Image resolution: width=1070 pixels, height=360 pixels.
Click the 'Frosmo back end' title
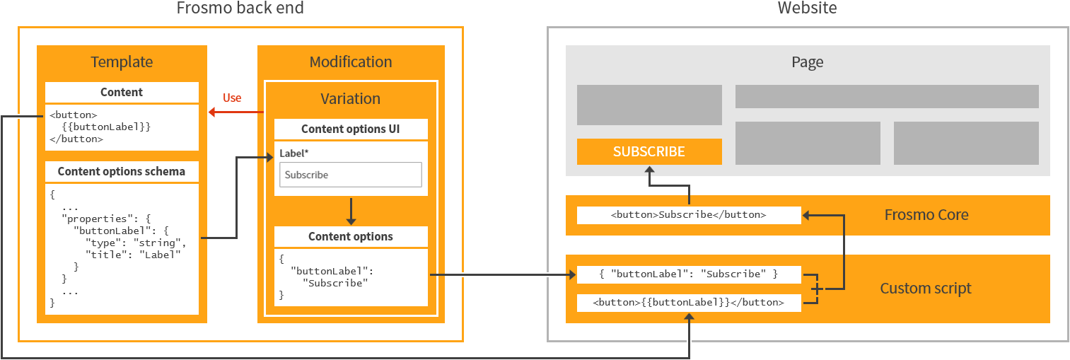(240, 8)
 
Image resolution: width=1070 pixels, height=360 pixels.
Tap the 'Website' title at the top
(807, 8)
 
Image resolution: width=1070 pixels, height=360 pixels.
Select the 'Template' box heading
(122, 62)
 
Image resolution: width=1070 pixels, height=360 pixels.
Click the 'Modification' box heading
(351, 62)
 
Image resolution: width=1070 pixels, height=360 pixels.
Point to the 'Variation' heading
(351, 99)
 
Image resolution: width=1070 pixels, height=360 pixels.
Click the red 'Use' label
(232, 98)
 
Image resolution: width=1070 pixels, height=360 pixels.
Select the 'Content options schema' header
(122, 171)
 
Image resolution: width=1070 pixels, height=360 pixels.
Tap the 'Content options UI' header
(351, 129)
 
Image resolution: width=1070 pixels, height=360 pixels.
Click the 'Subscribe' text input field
(351, 175)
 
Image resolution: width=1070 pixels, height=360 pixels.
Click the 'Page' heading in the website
(807, 62)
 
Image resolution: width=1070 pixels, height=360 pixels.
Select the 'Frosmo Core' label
(926, 215)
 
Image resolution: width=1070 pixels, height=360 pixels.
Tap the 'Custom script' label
(926, 289)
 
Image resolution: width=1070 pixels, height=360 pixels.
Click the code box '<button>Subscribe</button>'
(689, 215)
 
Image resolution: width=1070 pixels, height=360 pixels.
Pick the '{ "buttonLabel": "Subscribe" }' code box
(689, 274)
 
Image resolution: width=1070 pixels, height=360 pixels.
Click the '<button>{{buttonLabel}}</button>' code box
(689, 303)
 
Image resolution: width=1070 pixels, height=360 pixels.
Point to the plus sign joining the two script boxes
(818, 289)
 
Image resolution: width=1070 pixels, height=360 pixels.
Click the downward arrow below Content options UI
(351, 211)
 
